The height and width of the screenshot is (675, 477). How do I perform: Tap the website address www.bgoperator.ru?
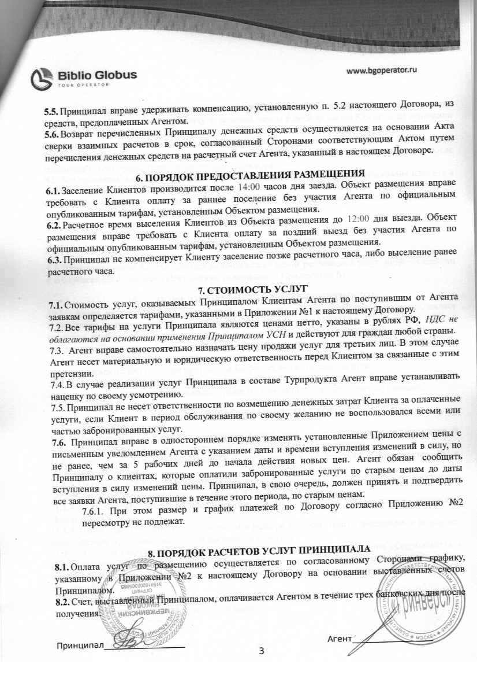[x=382, y=70]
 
